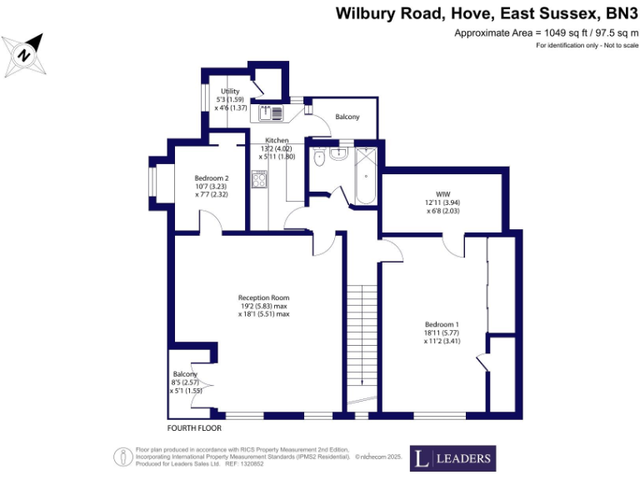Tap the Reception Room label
263,306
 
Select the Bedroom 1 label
441,332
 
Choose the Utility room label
230,99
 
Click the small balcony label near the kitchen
347,117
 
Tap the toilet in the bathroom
317,157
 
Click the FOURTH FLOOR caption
195,428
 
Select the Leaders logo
452,457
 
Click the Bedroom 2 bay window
154,182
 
